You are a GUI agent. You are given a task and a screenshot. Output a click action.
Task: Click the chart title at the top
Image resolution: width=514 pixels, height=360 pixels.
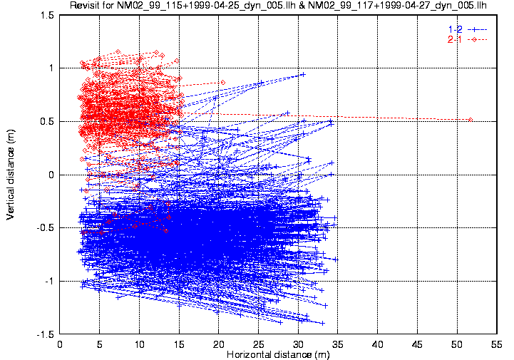pos(282,6)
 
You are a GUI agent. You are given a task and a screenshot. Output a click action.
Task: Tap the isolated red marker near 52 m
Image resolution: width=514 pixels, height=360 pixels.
pos(471,120)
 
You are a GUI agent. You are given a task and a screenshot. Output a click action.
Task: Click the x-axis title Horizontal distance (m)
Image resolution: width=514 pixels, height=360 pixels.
pos(278,354)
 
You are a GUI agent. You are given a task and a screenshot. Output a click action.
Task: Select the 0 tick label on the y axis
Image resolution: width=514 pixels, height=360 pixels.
pos(52,175)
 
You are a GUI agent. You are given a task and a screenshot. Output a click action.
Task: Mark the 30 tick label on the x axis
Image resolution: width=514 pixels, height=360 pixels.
pos(299,344)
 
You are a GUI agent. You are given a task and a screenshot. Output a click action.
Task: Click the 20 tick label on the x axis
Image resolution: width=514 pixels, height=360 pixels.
pos(219,344)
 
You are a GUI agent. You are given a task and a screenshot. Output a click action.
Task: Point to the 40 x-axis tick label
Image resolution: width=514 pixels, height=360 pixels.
pos(378,344)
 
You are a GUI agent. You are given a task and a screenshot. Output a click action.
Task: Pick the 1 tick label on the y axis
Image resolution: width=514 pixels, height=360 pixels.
pos(52,68)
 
